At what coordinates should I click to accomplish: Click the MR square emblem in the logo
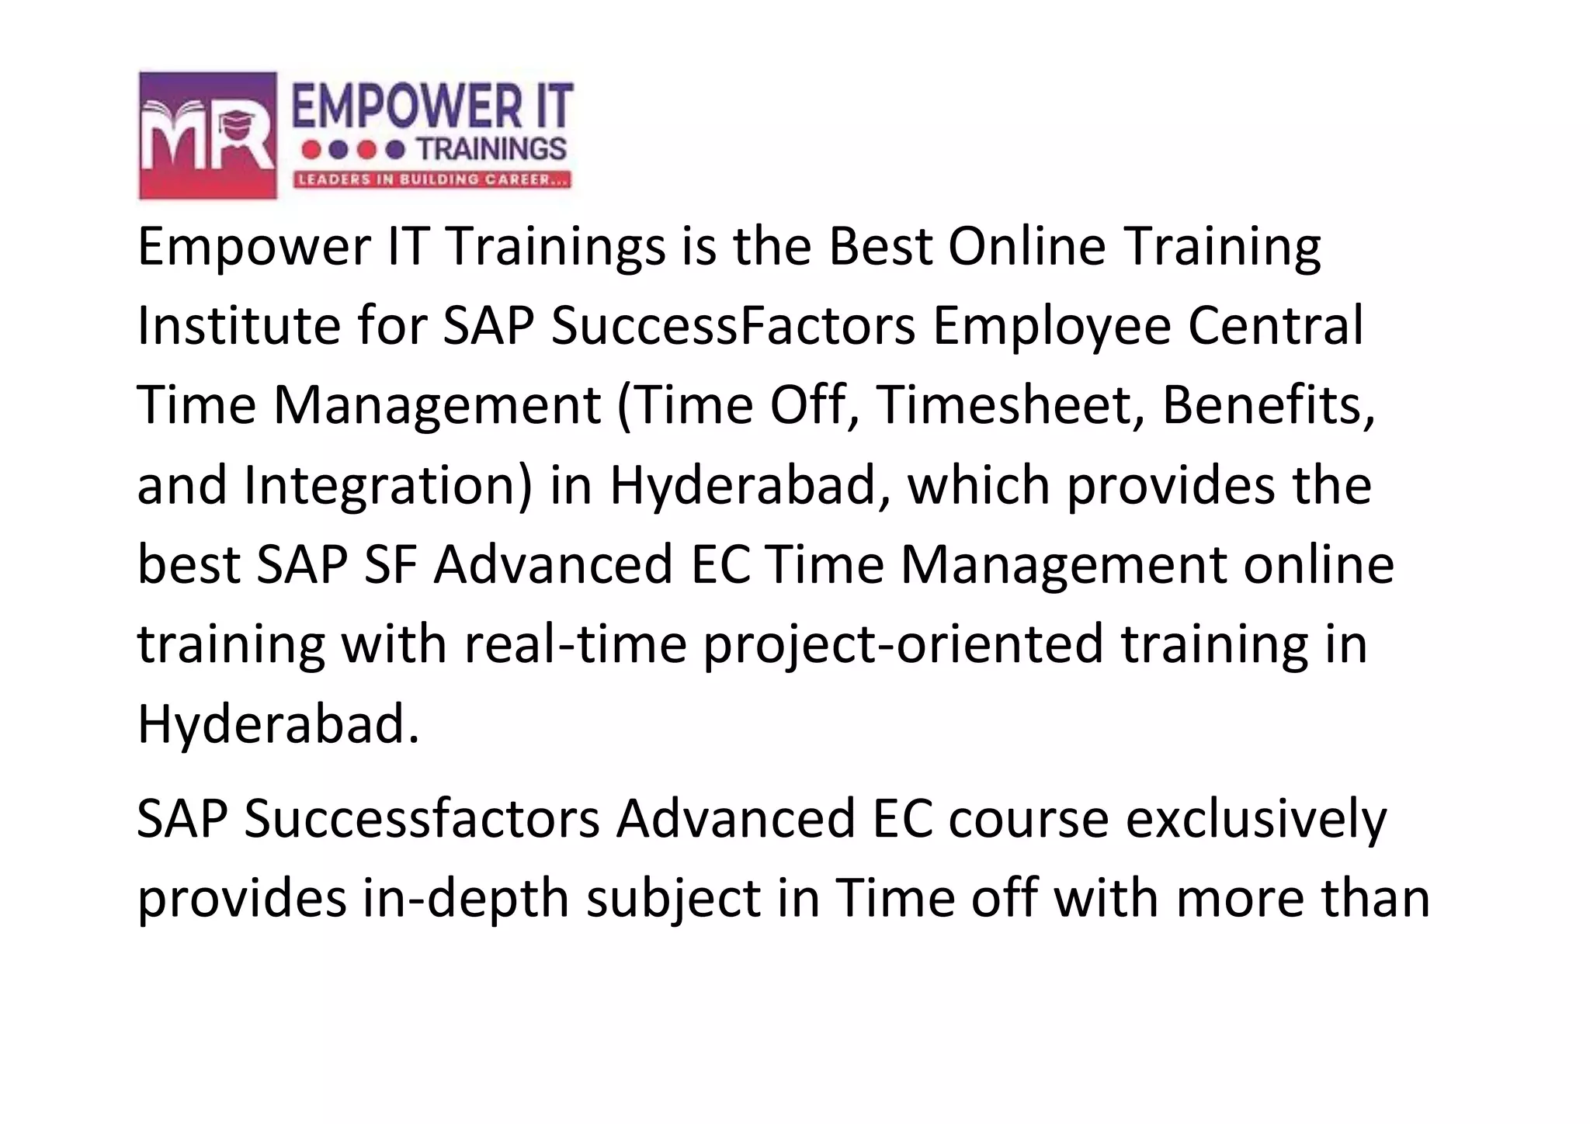click(207, 135)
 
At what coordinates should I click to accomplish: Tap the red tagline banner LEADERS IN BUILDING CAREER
click(432, 180)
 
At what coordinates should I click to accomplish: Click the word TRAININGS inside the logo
click(491, 148)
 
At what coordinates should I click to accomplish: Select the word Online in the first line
click(1026, 246)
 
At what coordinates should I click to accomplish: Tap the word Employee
click(1051, 327)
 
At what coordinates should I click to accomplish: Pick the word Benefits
click(1269, 405)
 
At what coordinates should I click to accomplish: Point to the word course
click(1029, 819)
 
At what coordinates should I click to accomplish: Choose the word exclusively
click(1255, 819)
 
